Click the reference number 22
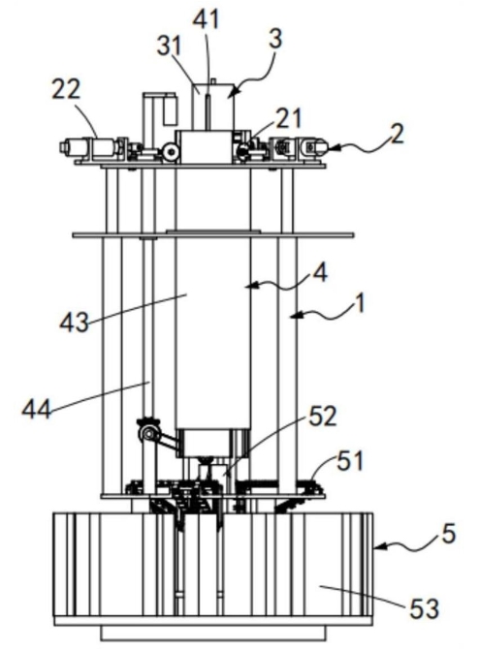coord(66,89)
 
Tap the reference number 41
coord(207,19)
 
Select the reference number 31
coord(170,46)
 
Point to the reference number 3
coord(274,39)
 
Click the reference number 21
coord(289,118)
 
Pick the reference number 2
coord(397,134)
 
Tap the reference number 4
coord(320,272)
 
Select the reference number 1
coord(361,303)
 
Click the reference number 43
coord(75,323)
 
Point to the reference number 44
coord(37,409)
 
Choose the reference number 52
coord(322,416)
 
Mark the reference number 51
coord(350,461)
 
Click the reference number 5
coord(448,533)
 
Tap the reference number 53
coord(425,609)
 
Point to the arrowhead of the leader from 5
coord(378,547)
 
